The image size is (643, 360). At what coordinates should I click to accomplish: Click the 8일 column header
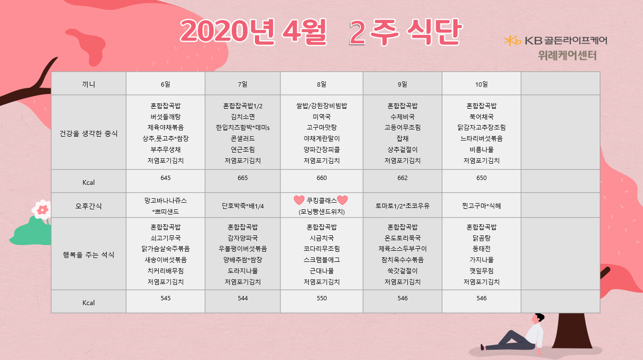tap(321, 84)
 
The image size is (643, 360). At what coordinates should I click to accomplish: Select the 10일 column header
tap(481, 84)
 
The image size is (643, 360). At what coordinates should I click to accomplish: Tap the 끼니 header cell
tap(88, 84)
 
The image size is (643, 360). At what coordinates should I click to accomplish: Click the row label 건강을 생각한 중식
tap(88, 133)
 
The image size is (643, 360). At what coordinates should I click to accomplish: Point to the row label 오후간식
tap(88, 206)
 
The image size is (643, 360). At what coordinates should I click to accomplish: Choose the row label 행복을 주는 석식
tap(88, 255)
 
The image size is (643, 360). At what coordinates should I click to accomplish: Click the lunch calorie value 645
tap(165, 178)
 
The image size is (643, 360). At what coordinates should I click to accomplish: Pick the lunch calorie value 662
tap(403, 178)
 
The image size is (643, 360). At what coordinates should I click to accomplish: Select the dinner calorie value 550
tap(321, 298)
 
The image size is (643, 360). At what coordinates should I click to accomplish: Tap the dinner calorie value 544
tap(242, 298)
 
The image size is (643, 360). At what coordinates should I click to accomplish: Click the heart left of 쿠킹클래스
tap(299, 200)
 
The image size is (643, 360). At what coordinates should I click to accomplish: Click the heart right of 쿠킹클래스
tap(342, 200)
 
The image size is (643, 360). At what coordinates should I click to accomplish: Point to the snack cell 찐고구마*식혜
tap(481, 206)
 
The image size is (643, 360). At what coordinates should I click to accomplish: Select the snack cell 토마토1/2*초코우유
tap(403, 206)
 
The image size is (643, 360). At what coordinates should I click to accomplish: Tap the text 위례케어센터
tap(567, 55)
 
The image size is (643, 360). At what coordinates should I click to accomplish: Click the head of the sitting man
tap(537, 318)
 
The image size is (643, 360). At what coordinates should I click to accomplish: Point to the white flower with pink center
tap(42, 210)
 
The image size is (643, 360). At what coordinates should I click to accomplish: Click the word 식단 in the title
tap(434, 32)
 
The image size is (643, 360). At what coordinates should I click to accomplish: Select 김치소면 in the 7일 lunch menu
tap(242, 116)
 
